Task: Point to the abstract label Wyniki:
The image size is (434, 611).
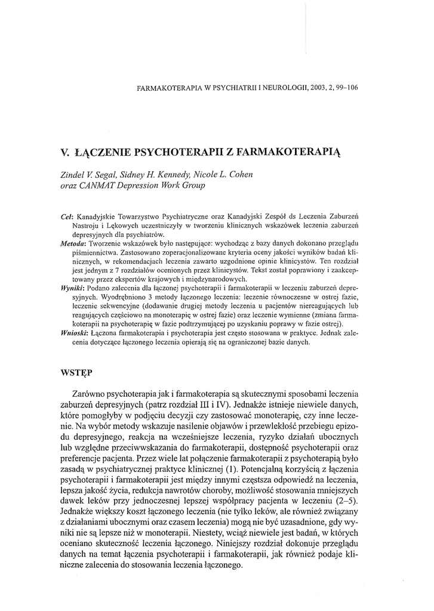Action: click(x=72, y=286)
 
